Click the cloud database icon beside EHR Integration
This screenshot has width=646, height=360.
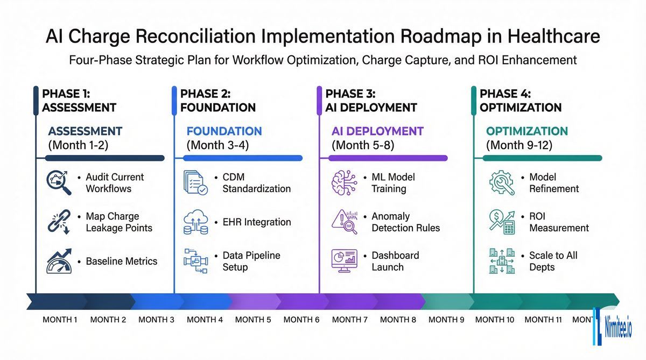[195, 222]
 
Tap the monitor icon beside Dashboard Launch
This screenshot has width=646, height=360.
[343, 261]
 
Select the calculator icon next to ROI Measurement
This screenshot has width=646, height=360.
[501, 222]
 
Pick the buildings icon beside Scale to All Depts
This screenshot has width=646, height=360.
[501, 261]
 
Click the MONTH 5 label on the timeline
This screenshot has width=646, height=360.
[253, 320]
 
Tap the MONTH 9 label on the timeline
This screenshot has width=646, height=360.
[446, 320]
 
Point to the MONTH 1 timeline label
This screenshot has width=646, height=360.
[60, 320]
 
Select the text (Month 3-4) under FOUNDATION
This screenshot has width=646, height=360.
[217, 145]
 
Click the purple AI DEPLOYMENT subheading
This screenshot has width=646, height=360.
[377, 131]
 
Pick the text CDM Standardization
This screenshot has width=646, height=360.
[256, 183]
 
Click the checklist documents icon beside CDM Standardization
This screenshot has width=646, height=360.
[195, 183]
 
